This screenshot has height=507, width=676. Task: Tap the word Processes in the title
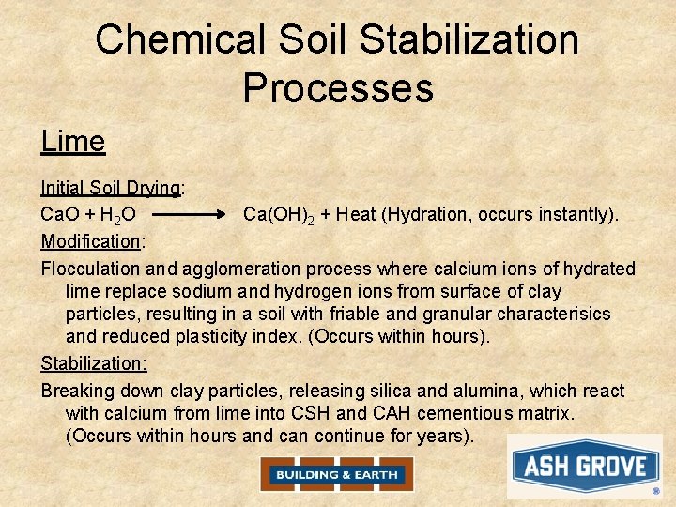click(338, 87)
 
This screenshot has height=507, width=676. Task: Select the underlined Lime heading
click(73, 142)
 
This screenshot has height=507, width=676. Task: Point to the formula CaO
click(59, 214)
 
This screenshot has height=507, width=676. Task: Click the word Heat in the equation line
click(355, 214)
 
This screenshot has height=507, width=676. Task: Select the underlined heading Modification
click(90, 241)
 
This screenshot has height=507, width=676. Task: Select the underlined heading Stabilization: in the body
click(94, 362)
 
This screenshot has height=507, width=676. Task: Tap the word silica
click(409, 391)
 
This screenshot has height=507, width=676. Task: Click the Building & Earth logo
click(337, 474)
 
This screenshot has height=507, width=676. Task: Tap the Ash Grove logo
click(585, 466)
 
